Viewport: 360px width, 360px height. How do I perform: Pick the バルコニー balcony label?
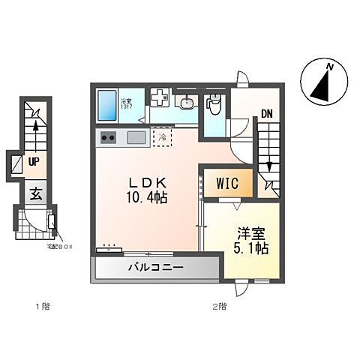[155, 267]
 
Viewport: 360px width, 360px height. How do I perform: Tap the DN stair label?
[267, 115]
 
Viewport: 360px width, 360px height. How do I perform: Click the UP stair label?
[34, 160]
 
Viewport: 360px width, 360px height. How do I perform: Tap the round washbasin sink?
[187, 103]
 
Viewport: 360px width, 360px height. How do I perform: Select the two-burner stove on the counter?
[107, 138]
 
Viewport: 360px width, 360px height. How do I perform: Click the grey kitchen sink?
[136, 137]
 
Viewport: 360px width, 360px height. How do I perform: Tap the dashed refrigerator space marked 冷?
[162, 137]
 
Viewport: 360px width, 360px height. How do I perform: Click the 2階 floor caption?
[219, 306]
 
